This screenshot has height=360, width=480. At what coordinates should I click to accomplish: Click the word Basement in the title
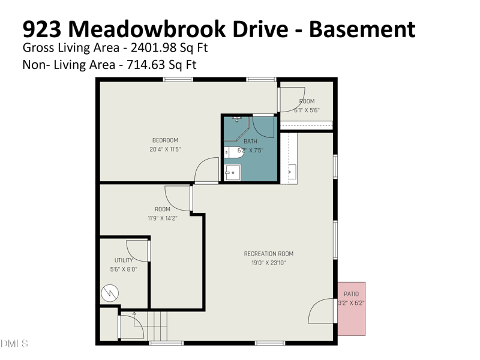(x=362, y=29)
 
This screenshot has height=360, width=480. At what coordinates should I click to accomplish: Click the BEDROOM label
(x=165, y=140)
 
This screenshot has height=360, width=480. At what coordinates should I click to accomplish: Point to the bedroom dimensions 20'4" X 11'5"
(x=165, y=149)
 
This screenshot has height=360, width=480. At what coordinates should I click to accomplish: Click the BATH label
(x=250, y=141)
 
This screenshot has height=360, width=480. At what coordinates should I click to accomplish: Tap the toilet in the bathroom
(x=232, y=152)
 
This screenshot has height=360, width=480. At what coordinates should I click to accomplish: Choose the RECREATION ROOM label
(x=268, y=254)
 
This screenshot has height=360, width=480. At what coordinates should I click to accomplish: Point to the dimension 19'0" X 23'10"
(x=268, y=263)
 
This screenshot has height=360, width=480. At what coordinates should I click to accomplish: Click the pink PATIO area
(x=351, y=308)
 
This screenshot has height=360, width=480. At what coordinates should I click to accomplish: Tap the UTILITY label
(x=124, y=260)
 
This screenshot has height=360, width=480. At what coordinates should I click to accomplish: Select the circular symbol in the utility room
(x=110, y=293)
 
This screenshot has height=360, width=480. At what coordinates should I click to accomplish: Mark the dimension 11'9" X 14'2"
(x=162, y=218)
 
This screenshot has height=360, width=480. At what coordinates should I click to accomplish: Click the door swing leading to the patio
(x=322, y=311)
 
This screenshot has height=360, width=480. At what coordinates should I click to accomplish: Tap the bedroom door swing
(x=207, y=169)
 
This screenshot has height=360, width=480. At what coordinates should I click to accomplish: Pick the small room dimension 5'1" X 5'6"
(x=307, y=110)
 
